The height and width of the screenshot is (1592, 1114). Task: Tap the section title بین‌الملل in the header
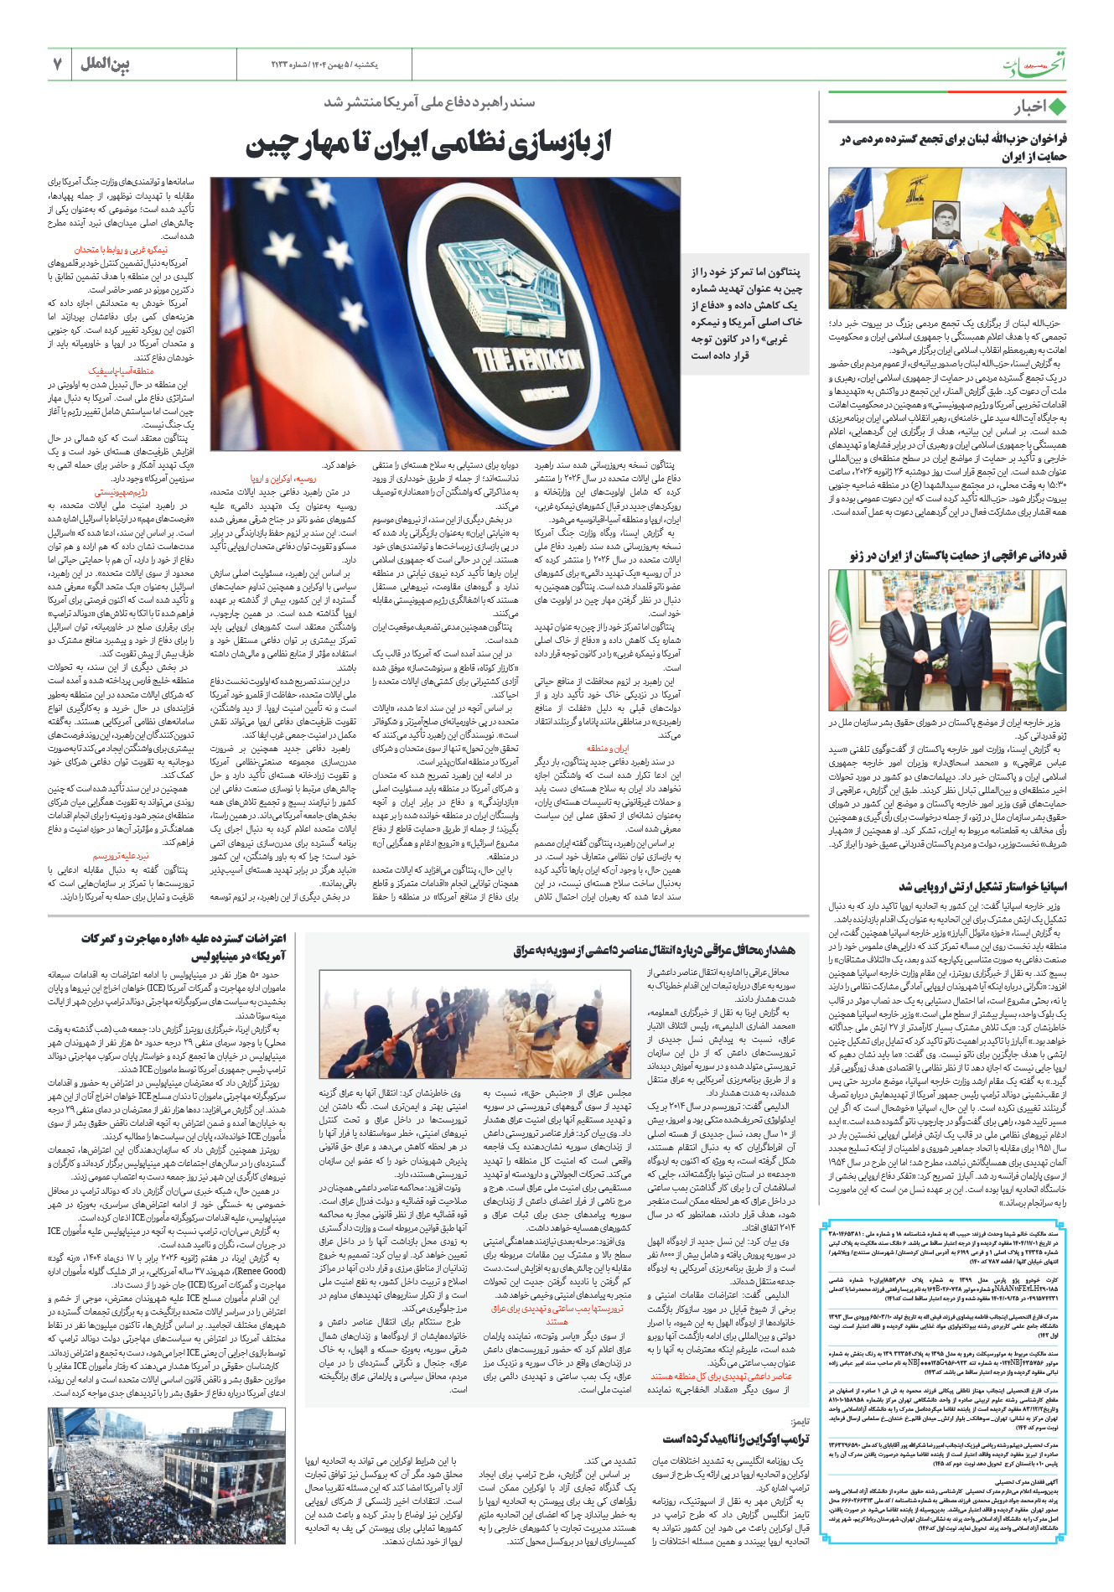[105, 64]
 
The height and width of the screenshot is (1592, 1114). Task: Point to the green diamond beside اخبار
[1057, 107]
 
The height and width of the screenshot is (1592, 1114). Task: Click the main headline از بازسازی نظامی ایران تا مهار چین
[428, 143]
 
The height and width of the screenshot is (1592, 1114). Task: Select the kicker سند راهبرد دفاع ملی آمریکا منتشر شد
[428, 102]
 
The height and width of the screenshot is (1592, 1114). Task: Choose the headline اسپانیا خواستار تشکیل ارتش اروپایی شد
[982, 886]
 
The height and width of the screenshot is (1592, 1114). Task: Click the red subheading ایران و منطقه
[607, 749]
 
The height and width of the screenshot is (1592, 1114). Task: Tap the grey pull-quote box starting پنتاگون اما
[744, 313]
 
